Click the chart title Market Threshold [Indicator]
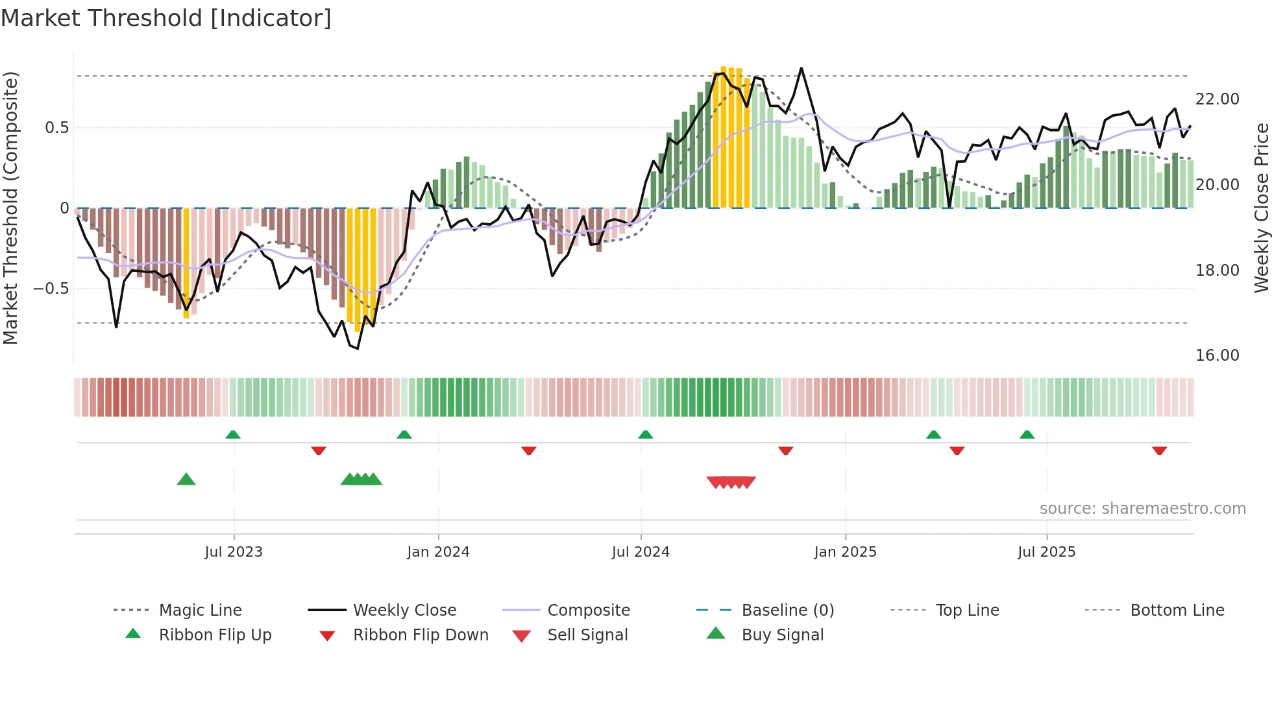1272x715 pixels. point(166,18)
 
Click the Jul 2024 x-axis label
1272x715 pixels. point(641,551)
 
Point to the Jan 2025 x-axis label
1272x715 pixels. point(845,551)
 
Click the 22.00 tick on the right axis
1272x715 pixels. point(1217,99)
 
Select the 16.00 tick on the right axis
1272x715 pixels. point(1217,355)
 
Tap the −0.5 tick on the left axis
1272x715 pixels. point(51,288)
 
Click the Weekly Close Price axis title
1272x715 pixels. point(1261,208)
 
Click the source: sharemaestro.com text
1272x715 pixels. point(1142,508)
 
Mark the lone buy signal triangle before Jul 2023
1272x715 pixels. point(186,479)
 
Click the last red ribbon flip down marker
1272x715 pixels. point(1159,450)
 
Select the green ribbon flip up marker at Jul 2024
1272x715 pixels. point(645,435)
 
